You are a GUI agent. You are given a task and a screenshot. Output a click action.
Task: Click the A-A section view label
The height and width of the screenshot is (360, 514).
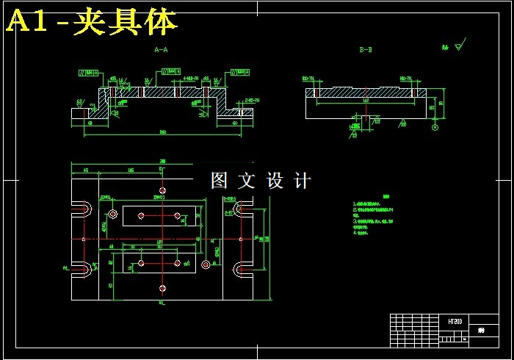[161, 50]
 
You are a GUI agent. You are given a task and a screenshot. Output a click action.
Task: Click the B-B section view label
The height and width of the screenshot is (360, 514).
[365, 50]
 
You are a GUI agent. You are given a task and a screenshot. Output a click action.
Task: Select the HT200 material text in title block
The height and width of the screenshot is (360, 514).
[455, 322]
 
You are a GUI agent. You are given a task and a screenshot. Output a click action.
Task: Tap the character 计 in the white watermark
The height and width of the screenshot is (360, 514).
[302, 181]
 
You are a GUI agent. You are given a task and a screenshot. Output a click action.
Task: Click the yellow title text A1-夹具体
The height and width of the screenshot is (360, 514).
[91, 23]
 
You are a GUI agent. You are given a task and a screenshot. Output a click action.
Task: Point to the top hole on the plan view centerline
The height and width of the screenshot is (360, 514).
[162, 190]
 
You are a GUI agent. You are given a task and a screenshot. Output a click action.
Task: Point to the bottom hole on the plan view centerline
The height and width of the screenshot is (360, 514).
[162, 288]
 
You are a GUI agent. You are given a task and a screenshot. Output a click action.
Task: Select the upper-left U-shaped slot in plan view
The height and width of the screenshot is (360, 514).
[82, 210]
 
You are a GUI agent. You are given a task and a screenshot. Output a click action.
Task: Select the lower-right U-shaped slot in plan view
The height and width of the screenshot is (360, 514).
[242, 270]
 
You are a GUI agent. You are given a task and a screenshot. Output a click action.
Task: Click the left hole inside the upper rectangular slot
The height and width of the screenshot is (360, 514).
[145, 216]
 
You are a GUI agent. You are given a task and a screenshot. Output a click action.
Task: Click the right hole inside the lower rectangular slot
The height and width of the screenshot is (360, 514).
[178, 262]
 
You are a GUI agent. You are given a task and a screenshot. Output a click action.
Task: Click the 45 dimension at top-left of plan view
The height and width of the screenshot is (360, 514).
[86, 170]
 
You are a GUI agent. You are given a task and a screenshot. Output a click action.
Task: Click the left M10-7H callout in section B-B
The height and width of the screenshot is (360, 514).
[308, 78]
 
